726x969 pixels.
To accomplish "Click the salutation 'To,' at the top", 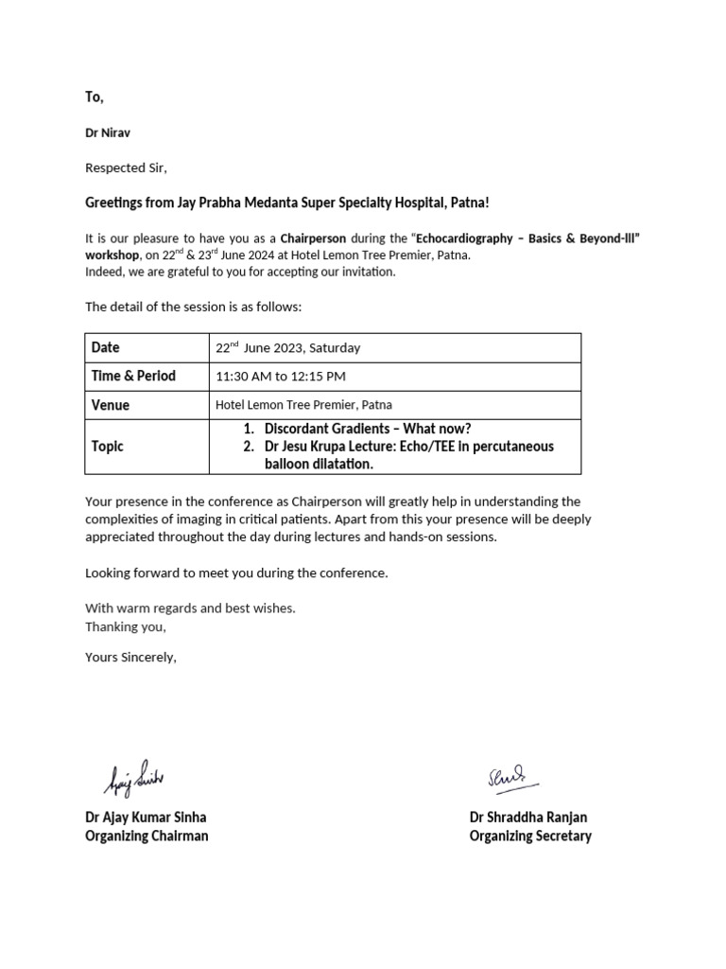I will tap(95, 97).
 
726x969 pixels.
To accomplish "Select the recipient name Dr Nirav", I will tap(110, 133).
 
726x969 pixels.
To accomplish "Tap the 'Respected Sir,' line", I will tap(126, 168).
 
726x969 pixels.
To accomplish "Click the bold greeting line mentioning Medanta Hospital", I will tap(287, 203).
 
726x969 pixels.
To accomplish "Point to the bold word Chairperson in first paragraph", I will tap(312, 238).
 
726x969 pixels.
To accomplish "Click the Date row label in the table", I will tap(106, 347).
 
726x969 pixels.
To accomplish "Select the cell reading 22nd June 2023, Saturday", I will tap(287, 348).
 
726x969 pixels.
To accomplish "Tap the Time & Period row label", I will tap(133, 376).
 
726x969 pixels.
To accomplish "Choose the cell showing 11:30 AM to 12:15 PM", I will tap(281, 377).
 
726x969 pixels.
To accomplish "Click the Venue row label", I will tap(111, 405).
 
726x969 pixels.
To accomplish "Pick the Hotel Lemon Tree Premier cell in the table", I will tap(303, 405).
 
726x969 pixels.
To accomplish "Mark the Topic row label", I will tap(108, 446).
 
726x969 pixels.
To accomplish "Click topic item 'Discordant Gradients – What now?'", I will tap(367, 429).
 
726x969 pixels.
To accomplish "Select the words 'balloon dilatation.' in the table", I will tap(319, 464).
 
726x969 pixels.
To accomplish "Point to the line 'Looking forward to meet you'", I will tap(236, 573).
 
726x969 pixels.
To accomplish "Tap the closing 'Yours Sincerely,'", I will tap(130, 657).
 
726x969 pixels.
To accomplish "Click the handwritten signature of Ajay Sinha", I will tap(133, 778).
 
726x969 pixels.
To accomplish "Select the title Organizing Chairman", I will tap(147, 836).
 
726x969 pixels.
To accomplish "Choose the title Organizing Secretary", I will tap(530, 836).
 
